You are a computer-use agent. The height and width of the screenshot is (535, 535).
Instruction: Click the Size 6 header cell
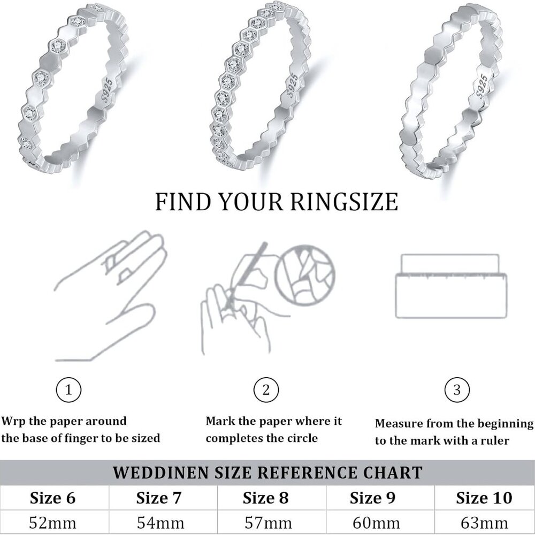(52, 498)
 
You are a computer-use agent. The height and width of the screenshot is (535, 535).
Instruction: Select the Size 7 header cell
(159, 498)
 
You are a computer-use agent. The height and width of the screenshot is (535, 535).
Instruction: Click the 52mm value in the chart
(52, 522)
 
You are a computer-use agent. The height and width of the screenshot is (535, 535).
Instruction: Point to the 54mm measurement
(159, 522)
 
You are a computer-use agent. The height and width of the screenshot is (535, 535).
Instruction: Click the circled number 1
(69, 391)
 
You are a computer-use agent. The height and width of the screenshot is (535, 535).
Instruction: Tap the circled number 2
(266, 391)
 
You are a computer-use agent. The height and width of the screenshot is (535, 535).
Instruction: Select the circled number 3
(457, 391)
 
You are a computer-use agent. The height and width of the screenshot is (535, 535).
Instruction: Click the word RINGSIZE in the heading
(345, 202)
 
